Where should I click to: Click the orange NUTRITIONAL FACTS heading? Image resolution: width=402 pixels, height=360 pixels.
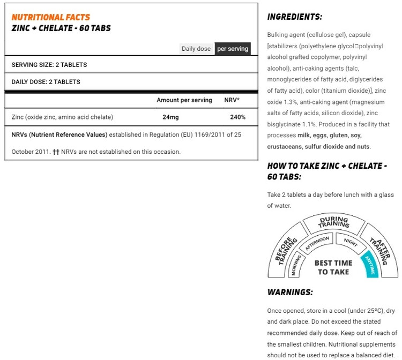pos(51,17)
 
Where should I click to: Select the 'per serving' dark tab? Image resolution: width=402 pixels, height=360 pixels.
pos(233,49)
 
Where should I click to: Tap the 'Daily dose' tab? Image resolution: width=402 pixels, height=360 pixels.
pos(196,49)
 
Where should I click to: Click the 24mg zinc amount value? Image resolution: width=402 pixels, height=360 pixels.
pos(171,117)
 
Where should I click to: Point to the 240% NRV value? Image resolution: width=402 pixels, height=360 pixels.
pos(237,117)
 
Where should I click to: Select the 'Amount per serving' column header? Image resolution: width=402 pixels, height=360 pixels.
pos(184,100)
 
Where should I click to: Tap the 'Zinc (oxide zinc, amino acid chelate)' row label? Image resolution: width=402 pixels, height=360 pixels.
pos(62,117)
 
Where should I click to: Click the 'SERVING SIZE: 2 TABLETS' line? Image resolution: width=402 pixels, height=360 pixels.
pos(49,65)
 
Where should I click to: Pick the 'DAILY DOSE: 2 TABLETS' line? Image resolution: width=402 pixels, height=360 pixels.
pos(46,82)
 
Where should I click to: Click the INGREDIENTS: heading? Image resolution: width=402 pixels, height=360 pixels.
pos(294,17)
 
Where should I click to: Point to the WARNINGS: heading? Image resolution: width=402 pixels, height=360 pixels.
pos(289,292)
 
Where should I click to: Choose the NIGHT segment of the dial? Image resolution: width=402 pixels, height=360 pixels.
pos(351,242)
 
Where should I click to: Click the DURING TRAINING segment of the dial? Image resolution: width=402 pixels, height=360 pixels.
pos(333,222)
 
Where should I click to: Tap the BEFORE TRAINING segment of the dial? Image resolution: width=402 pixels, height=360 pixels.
pos(286,250)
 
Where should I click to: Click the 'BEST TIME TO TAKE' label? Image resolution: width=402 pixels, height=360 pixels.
pos(333,267)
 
